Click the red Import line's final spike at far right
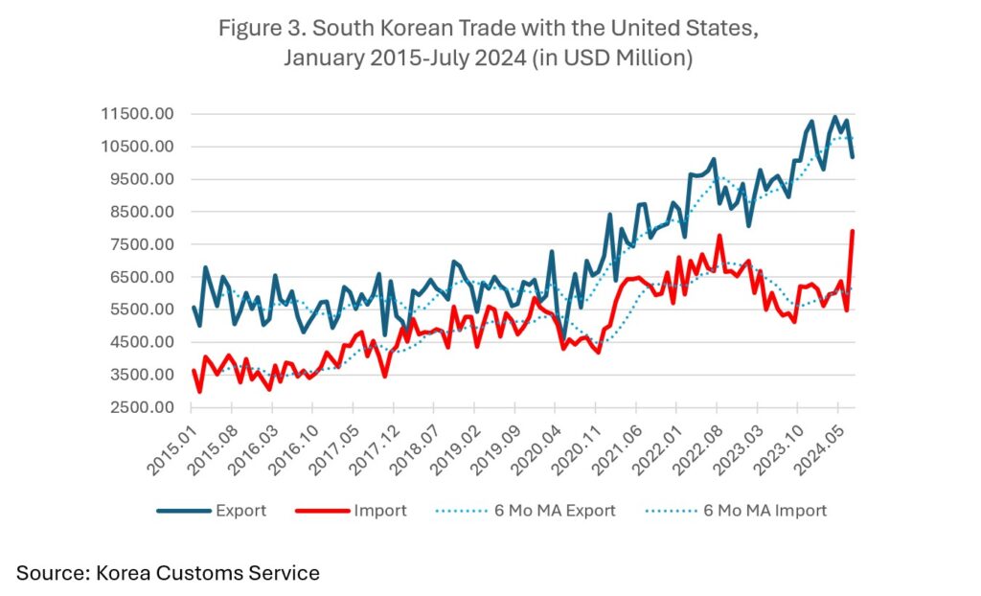(853, 231)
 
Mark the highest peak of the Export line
(834, 118)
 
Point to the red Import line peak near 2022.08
(719, 236)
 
